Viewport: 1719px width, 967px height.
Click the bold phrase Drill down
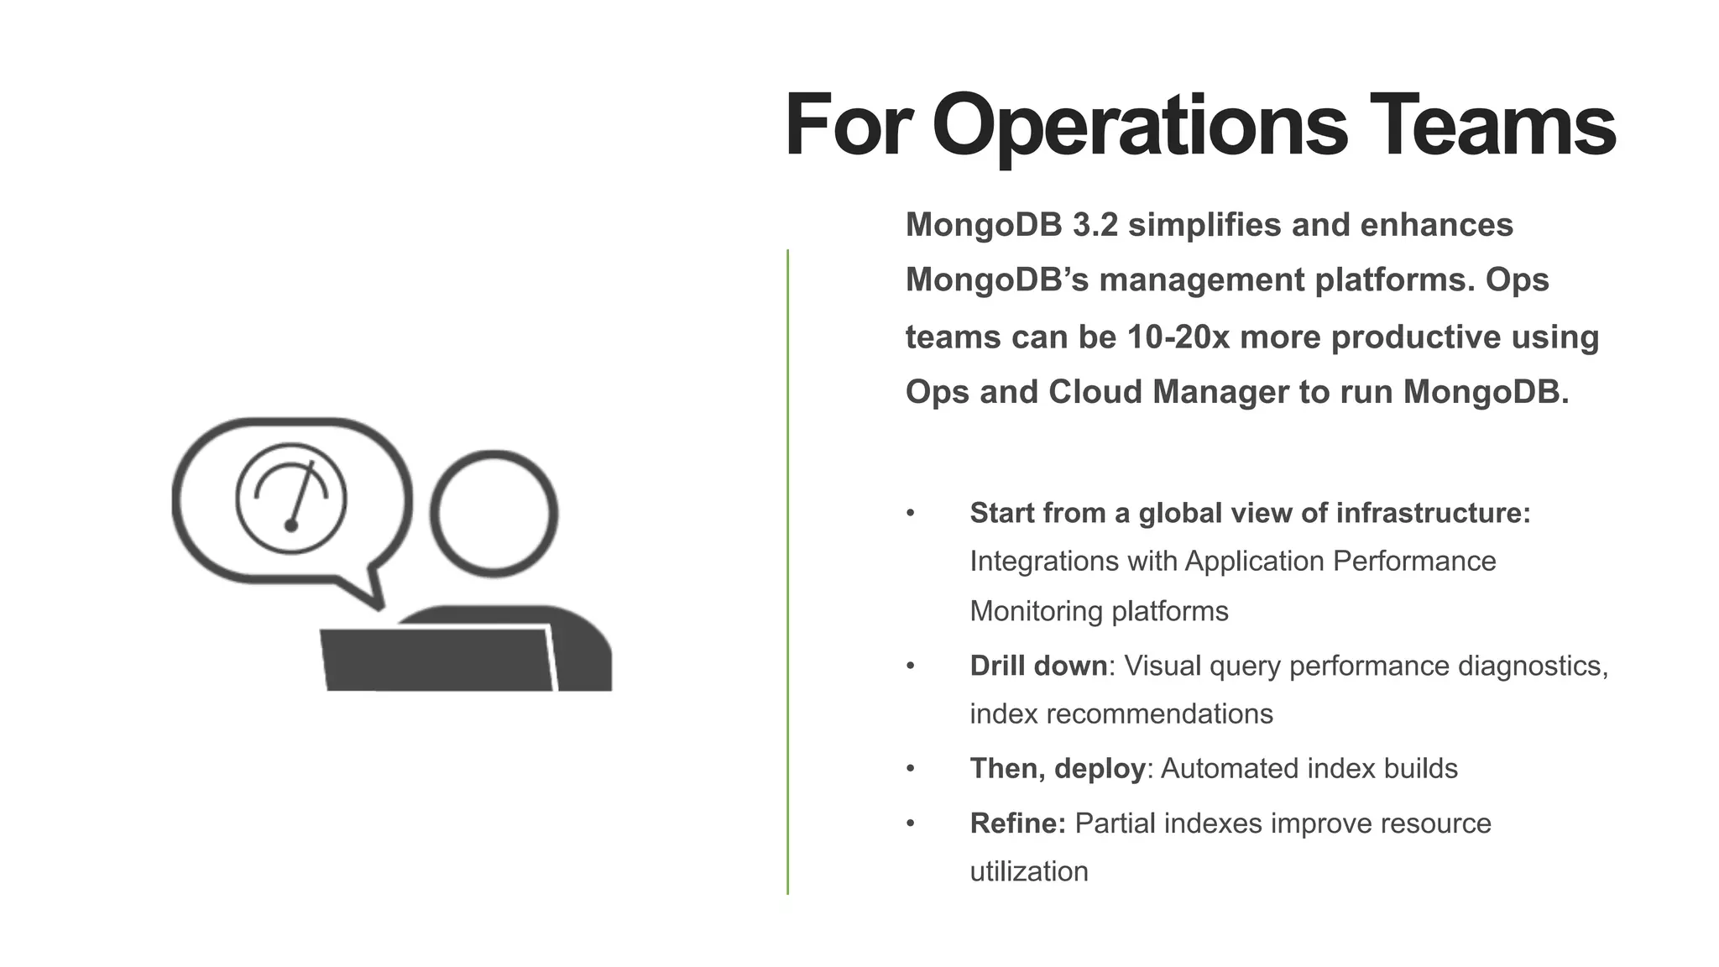(1038, 666)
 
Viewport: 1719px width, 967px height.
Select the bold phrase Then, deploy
(1058, 769)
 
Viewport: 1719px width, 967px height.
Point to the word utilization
(1029, 872)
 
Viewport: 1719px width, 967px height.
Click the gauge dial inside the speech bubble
(291, 499)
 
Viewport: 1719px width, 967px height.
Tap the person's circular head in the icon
(494, 514)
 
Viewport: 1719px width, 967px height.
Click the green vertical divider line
(787, 571)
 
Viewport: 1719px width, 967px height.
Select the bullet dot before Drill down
(911, 666)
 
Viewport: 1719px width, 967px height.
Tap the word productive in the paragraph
(1410, 337)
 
